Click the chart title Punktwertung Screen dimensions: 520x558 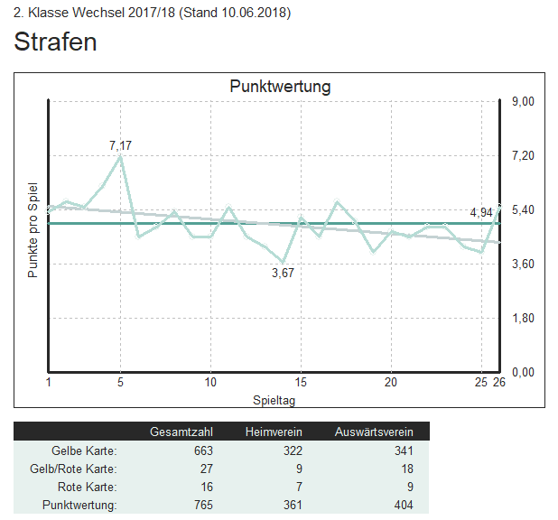(280, 87)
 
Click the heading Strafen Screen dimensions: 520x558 (55, 42)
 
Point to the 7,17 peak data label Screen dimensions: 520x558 (120, 144)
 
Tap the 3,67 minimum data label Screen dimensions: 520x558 (284, 274)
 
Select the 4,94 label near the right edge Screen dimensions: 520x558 (481, 212)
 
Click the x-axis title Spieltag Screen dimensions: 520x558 (274, 398)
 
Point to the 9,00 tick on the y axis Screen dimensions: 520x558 (524, 102)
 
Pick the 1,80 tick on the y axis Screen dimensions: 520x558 (524, 319)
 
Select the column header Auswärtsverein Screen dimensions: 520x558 (374, 432)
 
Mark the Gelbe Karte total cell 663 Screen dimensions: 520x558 (203, 450)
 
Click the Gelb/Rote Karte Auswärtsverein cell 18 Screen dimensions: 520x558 (406, 469)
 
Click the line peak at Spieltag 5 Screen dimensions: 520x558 (120, 157)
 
